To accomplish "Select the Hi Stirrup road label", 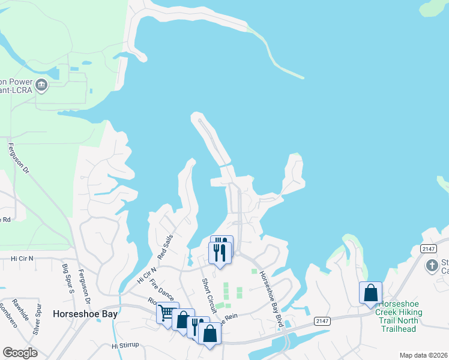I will click(x=125, y=346).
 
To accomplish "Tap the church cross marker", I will click(x=432, y=265).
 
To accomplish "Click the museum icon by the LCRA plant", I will click(x=41, y=84).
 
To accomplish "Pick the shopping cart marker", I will click(x=167, y=312).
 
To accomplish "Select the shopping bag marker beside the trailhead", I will click(x=370, y=293).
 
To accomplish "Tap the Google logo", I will click(x=20, y=352).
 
